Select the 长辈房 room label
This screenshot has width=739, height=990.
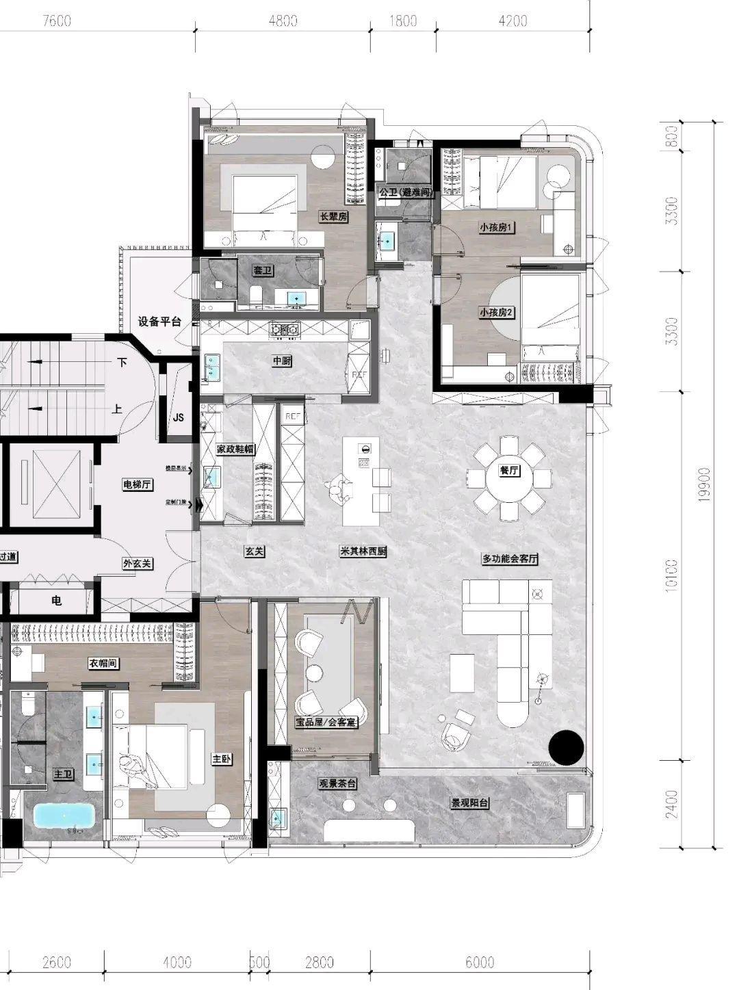point(334,217)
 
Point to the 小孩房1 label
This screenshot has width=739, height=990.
point(497,227)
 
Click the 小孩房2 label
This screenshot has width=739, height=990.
point(497,312)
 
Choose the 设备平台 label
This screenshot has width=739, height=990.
point(159,322)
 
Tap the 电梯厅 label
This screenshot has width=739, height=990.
point(138,485)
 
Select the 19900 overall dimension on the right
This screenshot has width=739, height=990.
point(705,485)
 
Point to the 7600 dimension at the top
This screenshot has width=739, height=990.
point(57,21)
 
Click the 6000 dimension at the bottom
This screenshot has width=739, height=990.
point(479,963)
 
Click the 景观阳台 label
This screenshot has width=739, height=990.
point(469,803)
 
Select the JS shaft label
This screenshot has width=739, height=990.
point(179,417)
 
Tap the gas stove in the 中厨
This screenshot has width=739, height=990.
point(285,330)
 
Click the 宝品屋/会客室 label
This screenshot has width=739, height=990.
point(326,722)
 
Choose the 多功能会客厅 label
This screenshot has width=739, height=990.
point(510,559)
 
